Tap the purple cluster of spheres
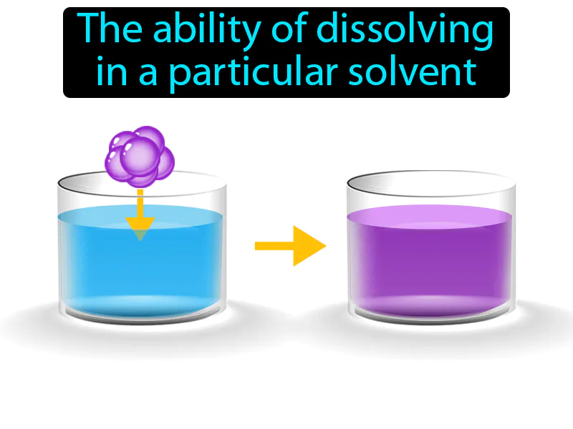140,154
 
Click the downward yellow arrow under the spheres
140,211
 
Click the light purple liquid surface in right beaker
430,214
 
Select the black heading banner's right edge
509,52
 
